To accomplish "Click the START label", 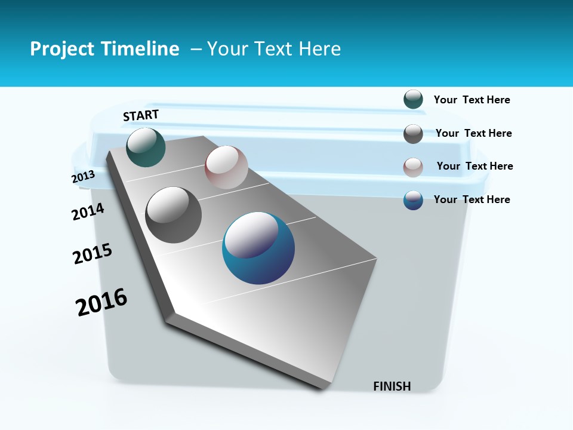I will (141, 115).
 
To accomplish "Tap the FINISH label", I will (392, 386).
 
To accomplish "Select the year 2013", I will (84, 177).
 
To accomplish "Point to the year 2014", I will (88, 211).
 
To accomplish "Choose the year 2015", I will (93, 254).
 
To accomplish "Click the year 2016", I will (102, 302).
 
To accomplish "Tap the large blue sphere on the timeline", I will (258, 248).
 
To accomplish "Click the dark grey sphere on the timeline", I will (174, 215).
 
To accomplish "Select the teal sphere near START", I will (146, 147).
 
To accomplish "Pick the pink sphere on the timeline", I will (226, 167).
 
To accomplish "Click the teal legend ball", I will (413, 100).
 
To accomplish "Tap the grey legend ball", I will (413, 133).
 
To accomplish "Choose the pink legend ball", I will (413, 167).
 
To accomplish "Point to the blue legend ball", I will (413, 200).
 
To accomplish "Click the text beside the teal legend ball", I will (472, 100).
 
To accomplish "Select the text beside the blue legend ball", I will (472, 199).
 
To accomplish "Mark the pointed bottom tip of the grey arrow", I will (322, 388).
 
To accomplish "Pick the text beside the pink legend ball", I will (475, 166).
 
